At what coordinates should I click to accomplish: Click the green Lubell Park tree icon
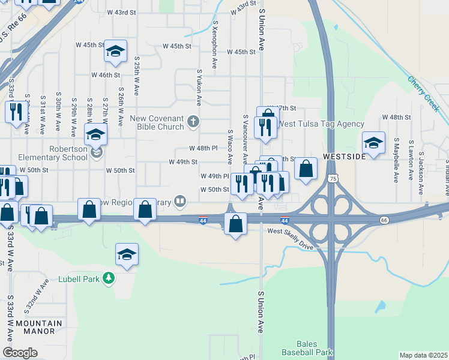point(108,278)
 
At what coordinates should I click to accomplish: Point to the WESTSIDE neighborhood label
point(344,156)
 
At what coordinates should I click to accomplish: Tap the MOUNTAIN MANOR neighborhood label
point(39,327)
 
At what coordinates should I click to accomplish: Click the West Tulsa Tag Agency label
point(321,124)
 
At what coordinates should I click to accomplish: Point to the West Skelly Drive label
point(291,231)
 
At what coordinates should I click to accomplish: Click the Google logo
point(20,353)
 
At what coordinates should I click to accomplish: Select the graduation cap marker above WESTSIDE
point(373,143)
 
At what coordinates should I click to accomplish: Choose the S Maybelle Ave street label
point(396,160)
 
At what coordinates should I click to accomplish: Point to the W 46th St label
point(106,75)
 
